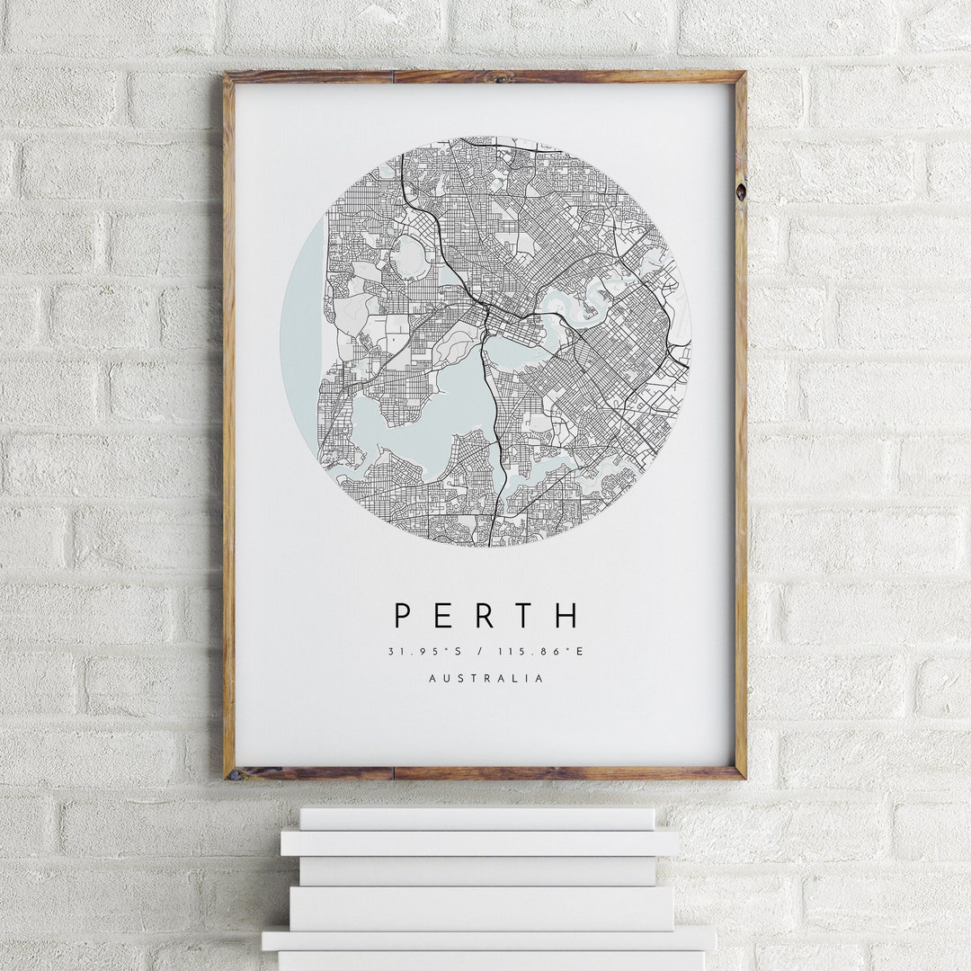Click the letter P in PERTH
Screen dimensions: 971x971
(x=403, y=616)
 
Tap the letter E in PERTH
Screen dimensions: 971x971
(x=445, y=616)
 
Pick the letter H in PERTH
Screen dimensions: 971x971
(x=567, y=616)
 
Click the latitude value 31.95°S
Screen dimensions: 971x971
(x=423, y=651)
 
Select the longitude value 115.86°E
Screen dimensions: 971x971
(x=549, y=651)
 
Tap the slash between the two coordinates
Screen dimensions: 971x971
(x=486, y=651)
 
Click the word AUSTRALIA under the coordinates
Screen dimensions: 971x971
(x=486, y=679)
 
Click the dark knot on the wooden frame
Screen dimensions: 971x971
(x=740, y=191)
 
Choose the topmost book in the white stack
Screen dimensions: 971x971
(x=477, y=818)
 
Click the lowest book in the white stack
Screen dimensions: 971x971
(x=490, y=960)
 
